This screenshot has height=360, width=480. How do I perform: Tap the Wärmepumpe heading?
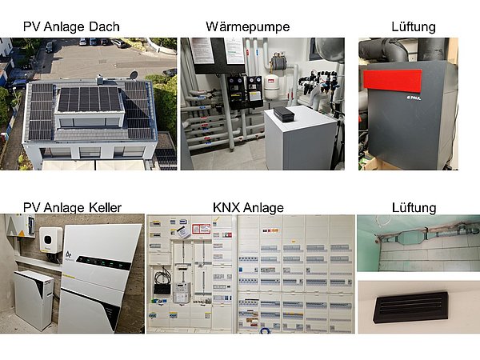(248, 27)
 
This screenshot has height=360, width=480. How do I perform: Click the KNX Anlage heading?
(248, 207)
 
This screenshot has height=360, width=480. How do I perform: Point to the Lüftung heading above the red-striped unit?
(414, 27)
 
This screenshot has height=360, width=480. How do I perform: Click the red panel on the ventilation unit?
(393, 80)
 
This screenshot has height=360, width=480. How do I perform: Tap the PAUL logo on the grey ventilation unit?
(414, 98)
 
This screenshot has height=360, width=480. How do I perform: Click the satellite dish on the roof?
(134, 74)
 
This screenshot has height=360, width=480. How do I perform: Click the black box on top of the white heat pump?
(284, 114)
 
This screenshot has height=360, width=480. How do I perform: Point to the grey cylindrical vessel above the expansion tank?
(278, 62)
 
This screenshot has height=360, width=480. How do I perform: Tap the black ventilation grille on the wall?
(412, 307)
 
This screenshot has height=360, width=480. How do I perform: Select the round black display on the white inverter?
(49, 239)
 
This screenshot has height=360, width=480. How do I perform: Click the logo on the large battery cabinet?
(69, 254)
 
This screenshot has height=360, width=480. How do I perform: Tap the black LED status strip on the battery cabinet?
(103, 263)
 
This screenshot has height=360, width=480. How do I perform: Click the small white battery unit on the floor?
(33, 298)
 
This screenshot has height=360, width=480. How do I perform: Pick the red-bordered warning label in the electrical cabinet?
(201, 229)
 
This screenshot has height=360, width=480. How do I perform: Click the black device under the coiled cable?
(162, 289)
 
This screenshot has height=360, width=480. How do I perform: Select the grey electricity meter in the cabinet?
(182, 292)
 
